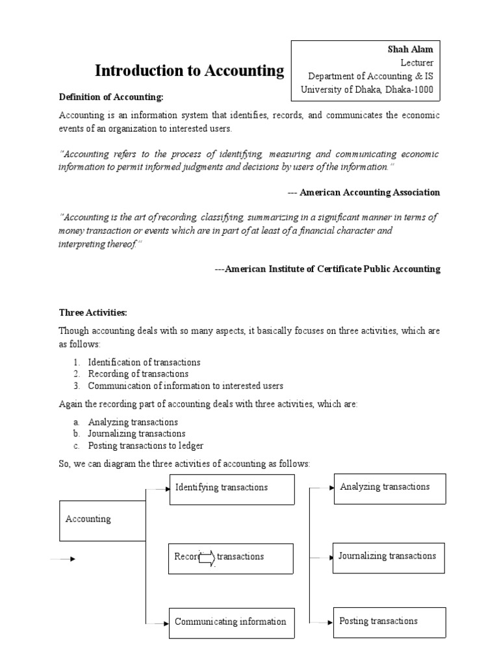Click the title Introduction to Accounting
(190, 71)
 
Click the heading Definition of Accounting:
(111, 97)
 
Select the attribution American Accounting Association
(364, 192)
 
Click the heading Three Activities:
(95, 312)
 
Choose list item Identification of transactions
(144, 362)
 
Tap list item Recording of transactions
(138, 374)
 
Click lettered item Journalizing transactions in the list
(136, 434)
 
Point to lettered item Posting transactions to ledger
(146, 445)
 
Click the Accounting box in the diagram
(102, 520)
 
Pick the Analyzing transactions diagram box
(389, 488)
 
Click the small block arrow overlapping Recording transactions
(207, 557)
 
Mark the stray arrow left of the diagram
(63, 559)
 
